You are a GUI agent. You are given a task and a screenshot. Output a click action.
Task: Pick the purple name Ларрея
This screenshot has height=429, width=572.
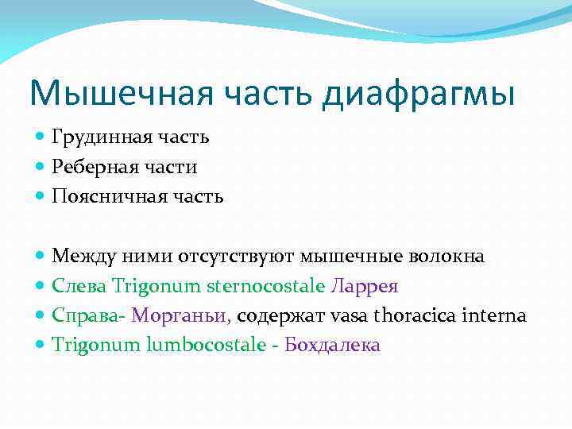pos(367,286)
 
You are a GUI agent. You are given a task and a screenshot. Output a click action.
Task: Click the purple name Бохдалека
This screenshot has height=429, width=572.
pos(332,345)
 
